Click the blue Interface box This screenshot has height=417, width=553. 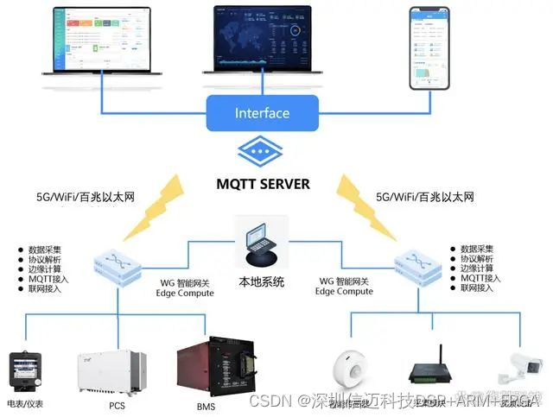[262, 113]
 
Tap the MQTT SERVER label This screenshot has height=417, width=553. [263, 184]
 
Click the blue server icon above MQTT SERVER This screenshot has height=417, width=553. [262, 152]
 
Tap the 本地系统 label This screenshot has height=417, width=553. [261, 281]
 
